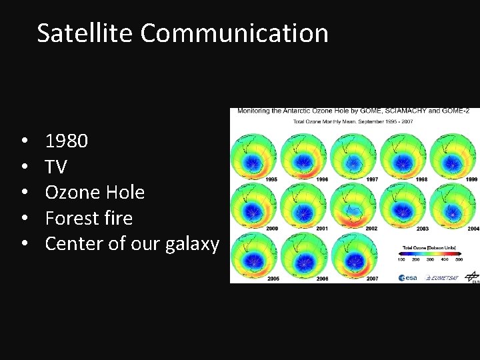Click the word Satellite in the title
85,33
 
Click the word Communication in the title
234,33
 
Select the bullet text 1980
66,141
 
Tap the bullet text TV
55,167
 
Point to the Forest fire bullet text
89,218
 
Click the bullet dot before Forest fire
23,218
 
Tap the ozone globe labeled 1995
253,157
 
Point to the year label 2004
473,229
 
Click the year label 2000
271,229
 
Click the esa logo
408,277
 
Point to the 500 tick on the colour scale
459,259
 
